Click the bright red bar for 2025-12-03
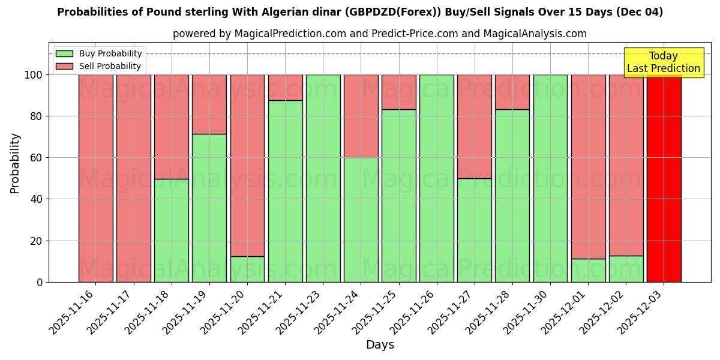[x=664, y=178]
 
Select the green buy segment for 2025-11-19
[x=209, y=208]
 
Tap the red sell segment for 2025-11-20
[x=247, y=165]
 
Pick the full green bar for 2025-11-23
[x=323, y=178]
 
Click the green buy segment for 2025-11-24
[x=361, y=220]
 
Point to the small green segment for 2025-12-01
[x=588, y=270]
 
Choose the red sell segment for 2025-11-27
[x=475, y=126]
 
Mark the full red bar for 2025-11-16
[x=95, y=178]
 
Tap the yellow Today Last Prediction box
[x=664, y=62]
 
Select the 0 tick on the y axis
[x=40, y=282]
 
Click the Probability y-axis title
[x=15, y=163]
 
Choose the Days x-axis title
[x=380, y=345]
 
